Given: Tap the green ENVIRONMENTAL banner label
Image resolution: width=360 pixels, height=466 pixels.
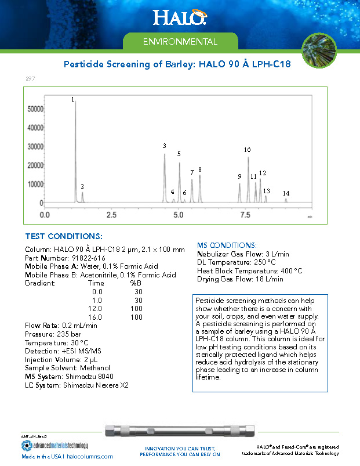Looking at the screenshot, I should [x=180, y=42].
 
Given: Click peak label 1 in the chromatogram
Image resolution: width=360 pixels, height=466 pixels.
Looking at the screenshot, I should [x=73, y=100].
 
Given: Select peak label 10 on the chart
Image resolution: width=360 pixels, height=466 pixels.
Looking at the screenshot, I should [x=247, y=150].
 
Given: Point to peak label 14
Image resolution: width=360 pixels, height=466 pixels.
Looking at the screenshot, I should [x=286, y=193].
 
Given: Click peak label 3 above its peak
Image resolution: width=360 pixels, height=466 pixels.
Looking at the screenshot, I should [x=164, y=146].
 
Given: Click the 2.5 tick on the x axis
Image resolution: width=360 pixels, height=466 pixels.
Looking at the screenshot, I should [x=111, y=215].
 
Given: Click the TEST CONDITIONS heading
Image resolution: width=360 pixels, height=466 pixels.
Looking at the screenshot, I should [x=64, y=237].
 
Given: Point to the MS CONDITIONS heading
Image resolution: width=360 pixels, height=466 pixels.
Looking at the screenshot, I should [x=227, y=245].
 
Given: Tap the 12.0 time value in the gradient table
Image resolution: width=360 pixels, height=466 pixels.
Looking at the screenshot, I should [x=97, y=309].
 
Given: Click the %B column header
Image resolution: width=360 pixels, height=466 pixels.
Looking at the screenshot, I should [x=136, y=283].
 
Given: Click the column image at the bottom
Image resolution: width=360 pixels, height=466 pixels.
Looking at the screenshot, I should [x=180, y=433].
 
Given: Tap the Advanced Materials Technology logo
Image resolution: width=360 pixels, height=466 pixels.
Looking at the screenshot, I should [x=54, y=446].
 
